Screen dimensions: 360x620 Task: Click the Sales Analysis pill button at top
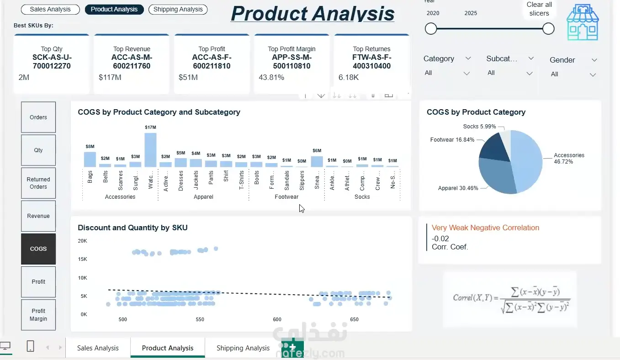tap(50, 9)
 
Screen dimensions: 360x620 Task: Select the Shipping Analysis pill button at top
tap(178, 9)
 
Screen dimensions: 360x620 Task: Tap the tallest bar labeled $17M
tap(150, 150)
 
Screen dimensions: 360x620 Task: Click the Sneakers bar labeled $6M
tap(317, 162)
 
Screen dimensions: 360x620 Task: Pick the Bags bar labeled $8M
tap(90, 159)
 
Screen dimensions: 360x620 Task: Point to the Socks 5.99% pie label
tap(479, 127)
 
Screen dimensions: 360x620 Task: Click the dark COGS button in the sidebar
tap(38, 249)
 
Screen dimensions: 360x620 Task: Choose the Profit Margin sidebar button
tap(38, 315)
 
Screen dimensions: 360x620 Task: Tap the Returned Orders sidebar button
tap(38, 183)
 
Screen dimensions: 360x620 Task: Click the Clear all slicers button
tap(539, 9)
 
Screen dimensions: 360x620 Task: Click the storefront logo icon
tap(582, 23)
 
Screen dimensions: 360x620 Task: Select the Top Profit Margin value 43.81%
tap(271, 78)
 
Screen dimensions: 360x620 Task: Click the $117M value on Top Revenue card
tap(110, 78)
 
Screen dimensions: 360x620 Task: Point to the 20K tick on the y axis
tap(82, 241)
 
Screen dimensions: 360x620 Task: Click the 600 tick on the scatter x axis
tap(277, 319)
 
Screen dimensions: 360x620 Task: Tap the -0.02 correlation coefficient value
tap(440, 238)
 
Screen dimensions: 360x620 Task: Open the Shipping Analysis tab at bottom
tap(243, 348)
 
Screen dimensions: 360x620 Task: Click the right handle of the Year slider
tap(548, 29)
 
